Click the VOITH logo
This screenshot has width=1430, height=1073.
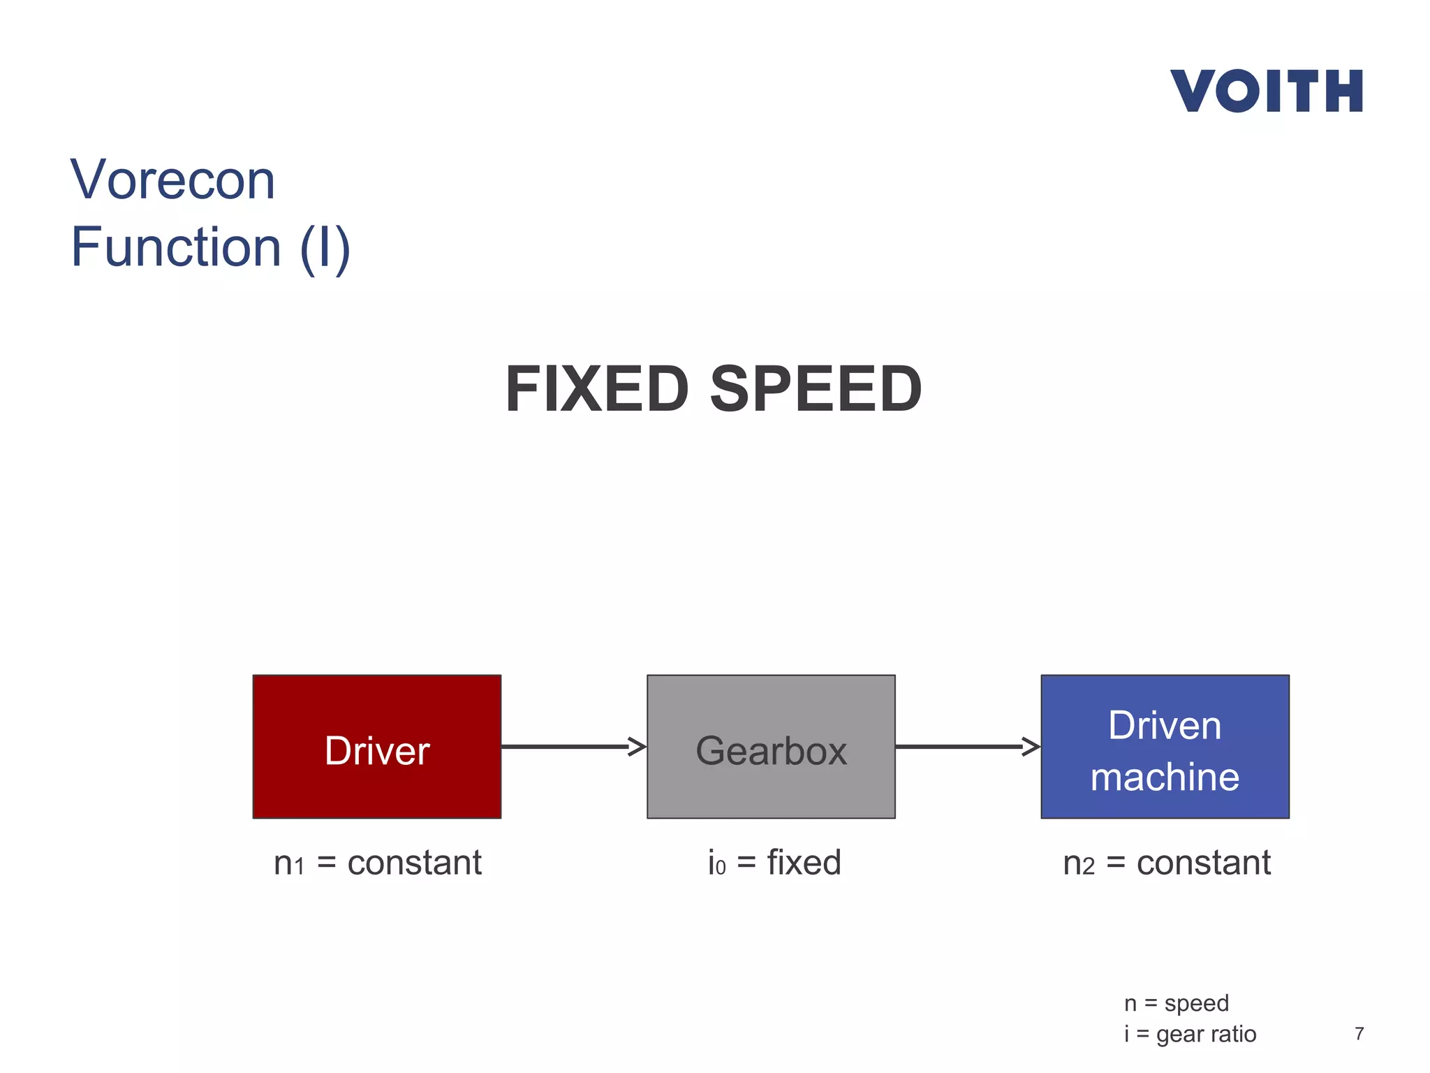tap(1266, 91)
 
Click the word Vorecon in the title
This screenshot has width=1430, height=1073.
tap(172, 180)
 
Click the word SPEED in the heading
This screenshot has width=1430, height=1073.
tap(816, 389)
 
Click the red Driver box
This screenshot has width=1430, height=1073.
tap(377, 746)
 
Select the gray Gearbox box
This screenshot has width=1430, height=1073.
tap(771, 746)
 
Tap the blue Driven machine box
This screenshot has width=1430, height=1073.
tap(1165, 746)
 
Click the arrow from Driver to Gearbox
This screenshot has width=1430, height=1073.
tap(573, 746)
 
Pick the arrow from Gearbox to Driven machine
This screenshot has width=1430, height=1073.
tap(968, 746)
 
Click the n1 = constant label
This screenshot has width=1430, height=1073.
tap(377, 863)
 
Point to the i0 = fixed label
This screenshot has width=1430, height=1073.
tap(774, 863)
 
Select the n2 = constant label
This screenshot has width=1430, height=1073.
tap(1166, 863)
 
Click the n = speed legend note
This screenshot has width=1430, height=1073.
tap(1176, 1003)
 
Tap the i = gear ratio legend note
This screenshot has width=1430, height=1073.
tap(1190, 1034)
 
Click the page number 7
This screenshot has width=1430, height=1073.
tap(1359, 1034)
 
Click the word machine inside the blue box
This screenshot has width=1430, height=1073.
tap(1165, 777)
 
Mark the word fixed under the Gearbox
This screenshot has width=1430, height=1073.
tap(804, 863)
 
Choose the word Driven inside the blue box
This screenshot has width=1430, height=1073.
tap(1165, 725)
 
